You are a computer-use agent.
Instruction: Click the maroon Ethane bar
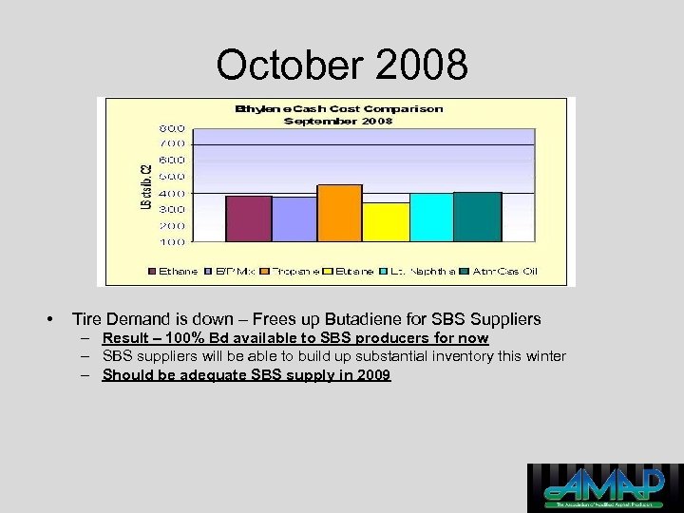coord(249,218)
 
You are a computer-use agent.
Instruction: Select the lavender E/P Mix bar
coord(294,219)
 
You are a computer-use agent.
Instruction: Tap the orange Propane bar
coord(339,213)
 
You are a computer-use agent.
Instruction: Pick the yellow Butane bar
coord(385,222)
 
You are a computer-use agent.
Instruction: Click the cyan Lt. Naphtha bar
coord(430,218)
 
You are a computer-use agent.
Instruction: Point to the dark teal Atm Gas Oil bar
coord(477,217)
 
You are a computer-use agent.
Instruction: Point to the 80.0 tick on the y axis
coord(172,126)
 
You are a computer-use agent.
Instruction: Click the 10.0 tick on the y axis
coord(172,242)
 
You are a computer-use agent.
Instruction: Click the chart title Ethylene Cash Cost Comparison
coord(338,109)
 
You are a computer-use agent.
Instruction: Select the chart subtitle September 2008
coord(338,121)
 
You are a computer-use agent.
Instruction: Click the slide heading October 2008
coord(342,65)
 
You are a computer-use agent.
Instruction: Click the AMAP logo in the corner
coord(604,487)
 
